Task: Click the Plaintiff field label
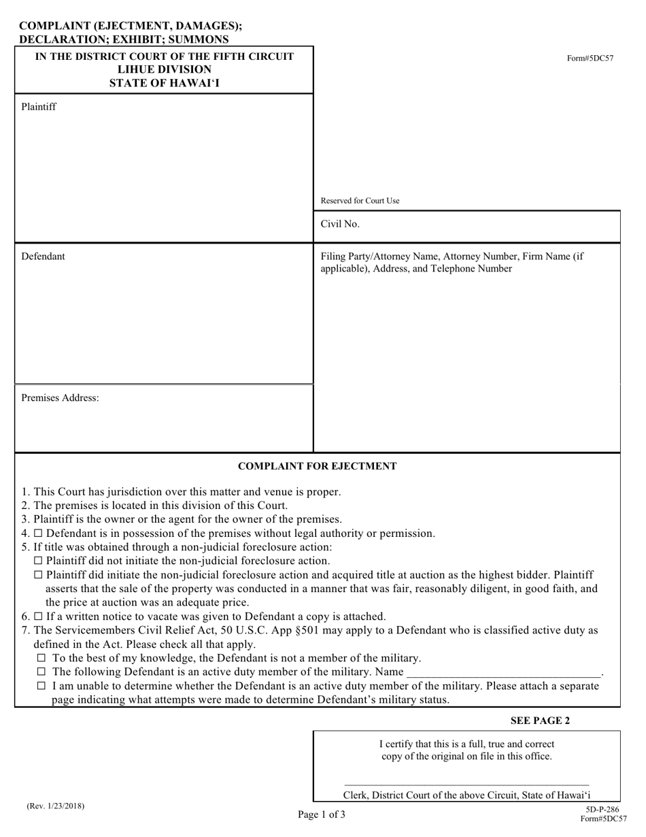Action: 39,107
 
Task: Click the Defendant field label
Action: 43,257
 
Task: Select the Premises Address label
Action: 60,398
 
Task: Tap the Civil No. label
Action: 340,224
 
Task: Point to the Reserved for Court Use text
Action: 360,201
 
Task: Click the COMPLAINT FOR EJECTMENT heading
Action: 317,466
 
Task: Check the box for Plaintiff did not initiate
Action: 38,561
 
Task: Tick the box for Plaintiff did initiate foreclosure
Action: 38,575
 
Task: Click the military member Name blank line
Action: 503,673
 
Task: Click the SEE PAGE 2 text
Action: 541,721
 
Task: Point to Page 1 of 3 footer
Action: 321,814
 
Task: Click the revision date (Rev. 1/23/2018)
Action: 56,806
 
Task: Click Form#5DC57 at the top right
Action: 590,58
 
